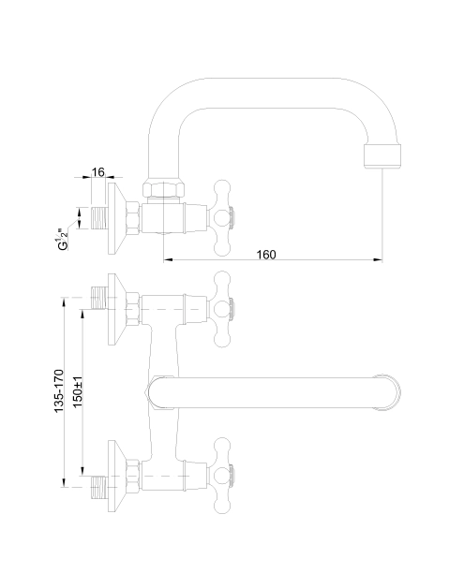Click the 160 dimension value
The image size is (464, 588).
pyautogui.click(x=266, y=255)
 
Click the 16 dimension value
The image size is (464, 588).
pyautogui.click(x=97, y=172)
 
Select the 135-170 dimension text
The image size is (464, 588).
pyautogui.click(x=59, y=391)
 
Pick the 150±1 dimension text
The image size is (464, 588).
pyautogui.click(x=78, y=391)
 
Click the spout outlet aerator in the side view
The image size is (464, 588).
pyautogui.click(x=382, y=155)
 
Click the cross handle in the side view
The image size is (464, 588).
pyautogui.click(x=222, y=218)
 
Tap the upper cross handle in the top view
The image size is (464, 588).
pyautogui.click(x=222, y=309)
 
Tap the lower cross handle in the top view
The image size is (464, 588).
pyautogui.click(x=222, y=476)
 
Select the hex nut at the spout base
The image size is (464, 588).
pyautogui.click(x=164, y=188)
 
